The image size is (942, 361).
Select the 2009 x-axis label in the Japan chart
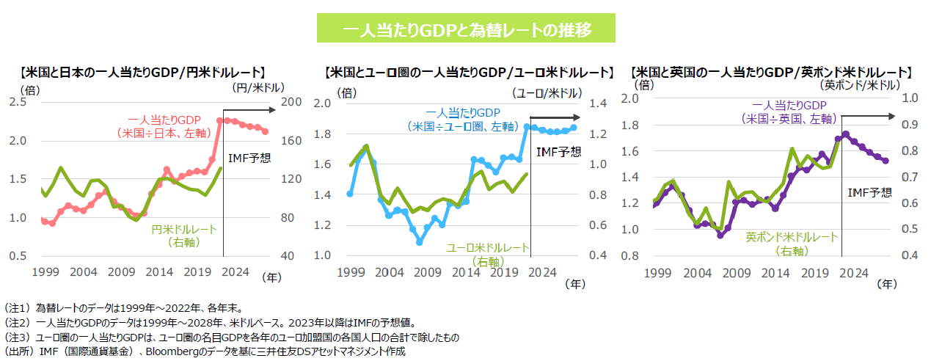(121, 271)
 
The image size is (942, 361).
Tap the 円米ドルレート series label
(184, 235)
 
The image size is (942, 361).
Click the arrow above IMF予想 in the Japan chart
(249, 110)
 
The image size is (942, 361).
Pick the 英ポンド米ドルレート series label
(792, 244)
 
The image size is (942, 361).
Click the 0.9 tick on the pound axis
(904, 124)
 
